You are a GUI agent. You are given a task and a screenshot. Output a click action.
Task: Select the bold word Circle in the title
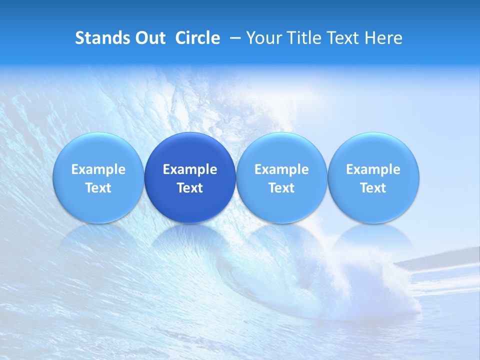197,38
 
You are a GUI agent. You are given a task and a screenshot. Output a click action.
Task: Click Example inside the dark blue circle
190,169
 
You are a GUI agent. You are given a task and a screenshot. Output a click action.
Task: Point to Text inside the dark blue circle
190,188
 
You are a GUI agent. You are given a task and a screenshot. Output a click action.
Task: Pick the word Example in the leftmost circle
98,169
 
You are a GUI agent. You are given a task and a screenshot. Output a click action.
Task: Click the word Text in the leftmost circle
98,188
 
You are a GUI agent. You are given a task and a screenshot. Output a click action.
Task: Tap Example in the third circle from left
281,169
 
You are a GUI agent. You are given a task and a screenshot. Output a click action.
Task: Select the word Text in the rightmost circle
373,188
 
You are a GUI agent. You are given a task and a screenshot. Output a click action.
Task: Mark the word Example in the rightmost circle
373,169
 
